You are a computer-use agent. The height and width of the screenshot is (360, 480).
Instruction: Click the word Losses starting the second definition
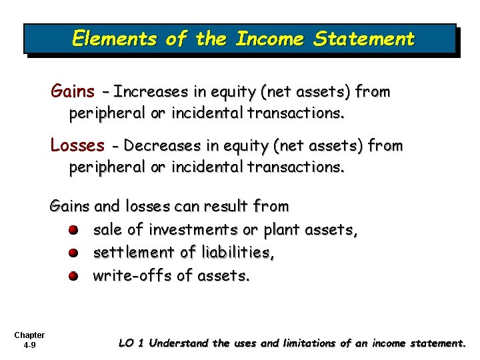tap(77, 145)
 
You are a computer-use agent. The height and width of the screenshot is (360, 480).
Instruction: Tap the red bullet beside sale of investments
tap(73, 231)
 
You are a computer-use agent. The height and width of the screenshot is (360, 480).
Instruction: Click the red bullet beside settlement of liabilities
tap(73, 253)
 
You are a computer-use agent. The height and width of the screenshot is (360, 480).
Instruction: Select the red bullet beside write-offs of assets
tap(73, 275)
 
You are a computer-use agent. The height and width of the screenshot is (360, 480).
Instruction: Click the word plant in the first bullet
tap(281, 230)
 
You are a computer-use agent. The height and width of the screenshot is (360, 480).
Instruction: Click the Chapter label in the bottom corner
tap(29, 335)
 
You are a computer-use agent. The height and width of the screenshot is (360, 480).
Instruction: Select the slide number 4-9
tap(29, 345)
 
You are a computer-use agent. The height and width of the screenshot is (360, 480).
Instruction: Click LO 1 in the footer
tap(131, 343)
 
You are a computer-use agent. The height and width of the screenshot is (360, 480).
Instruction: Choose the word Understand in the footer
tap(179, 343)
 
